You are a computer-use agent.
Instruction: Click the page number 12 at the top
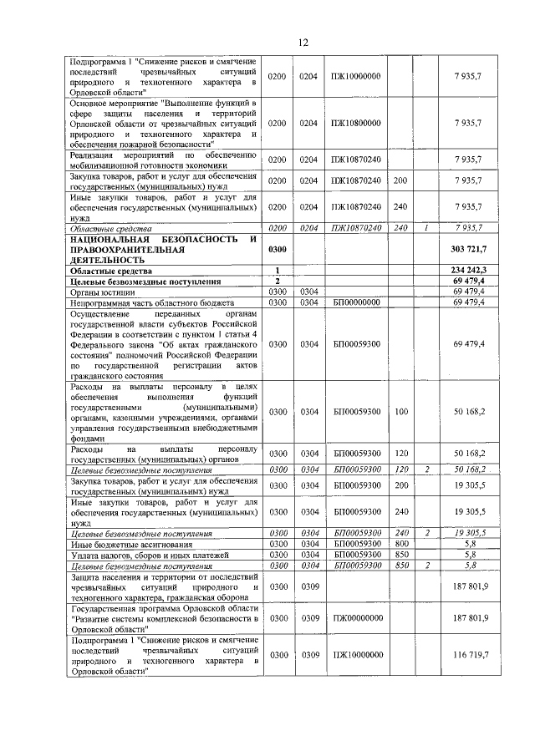click(303, 43)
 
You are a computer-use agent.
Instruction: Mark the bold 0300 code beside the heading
click(277, 249)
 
